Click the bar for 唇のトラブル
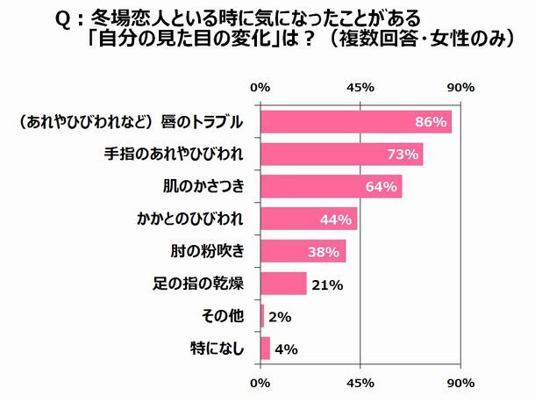[355, 121]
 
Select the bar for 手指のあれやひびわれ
[342, 154]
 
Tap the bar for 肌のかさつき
[331, 186]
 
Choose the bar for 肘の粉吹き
[303, 251]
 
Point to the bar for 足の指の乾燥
[283, 284]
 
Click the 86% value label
[432, 121]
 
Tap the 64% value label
[382, 186]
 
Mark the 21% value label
[327, 284]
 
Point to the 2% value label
[280, 316]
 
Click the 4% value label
[286, 349]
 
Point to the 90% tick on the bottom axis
[460, 384]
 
